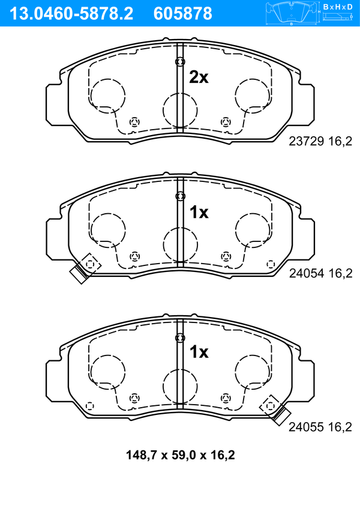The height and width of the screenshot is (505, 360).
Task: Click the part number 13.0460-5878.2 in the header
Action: click(71, 14)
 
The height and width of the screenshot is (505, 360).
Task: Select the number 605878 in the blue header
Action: click(183, 14)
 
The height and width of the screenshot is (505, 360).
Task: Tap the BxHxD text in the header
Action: click(338, 7)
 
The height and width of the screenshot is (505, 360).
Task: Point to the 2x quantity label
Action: click(199, 77)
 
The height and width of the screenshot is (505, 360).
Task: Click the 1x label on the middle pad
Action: click(199, 212)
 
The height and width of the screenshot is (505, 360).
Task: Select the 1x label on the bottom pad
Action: click(199, 352)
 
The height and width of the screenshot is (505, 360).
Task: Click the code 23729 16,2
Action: click(320, 141)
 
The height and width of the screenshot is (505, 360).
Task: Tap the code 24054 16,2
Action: click(320, 273)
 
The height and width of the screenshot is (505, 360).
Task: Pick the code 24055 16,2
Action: click(320, 427)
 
